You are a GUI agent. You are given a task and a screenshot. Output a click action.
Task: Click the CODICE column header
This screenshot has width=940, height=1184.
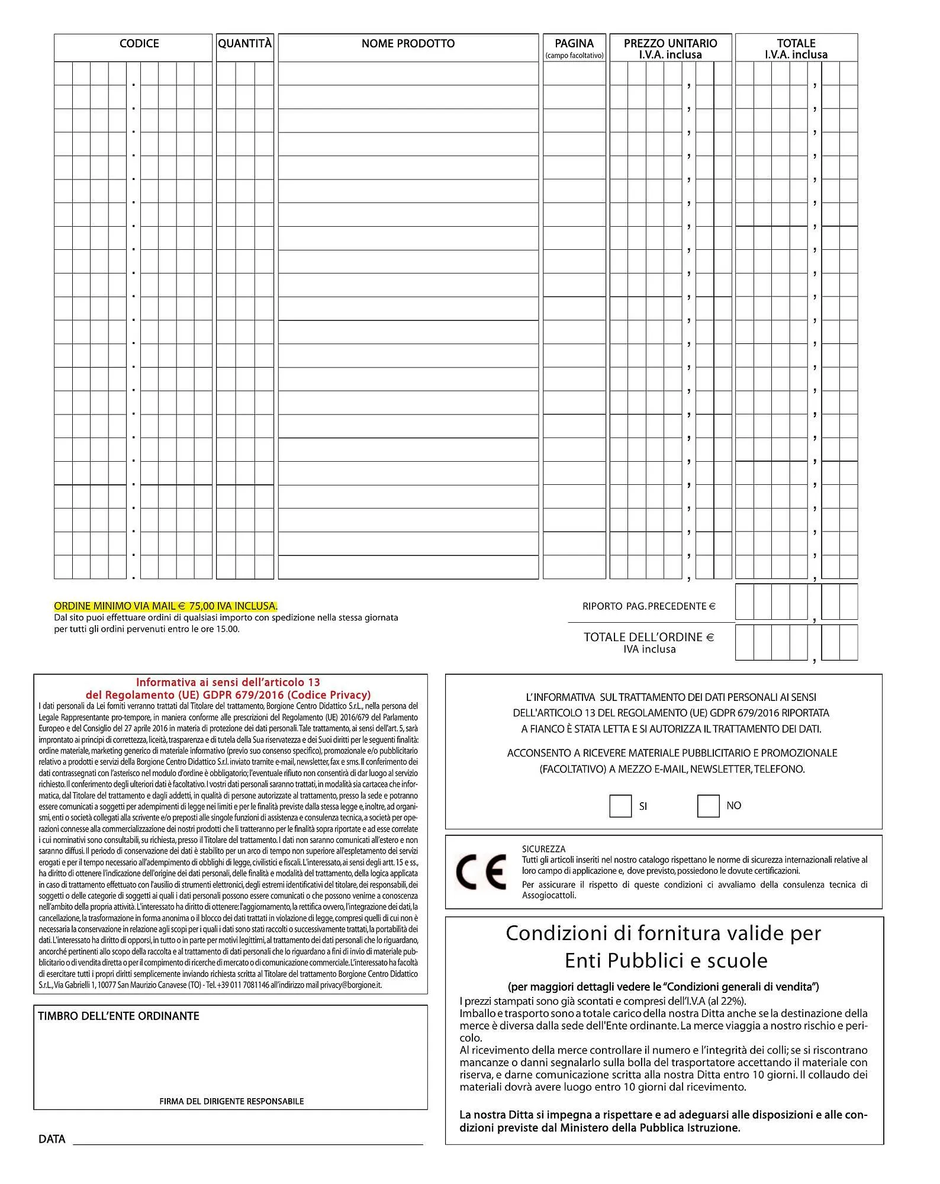pos(139,44)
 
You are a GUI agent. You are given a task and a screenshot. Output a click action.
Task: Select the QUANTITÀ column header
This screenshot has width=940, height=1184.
pos(244,44)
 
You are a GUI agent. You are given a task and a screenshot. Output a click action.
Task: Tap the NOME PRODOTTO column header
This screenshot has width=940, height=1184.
pos(408,44)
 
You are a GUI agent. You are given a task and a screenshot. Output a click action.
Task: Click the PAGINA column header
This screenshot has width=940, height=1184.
pos(574,44)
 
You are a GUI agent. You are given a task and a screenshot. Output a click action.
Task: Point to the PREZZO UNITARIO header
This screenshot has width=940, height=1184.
pos(670,44)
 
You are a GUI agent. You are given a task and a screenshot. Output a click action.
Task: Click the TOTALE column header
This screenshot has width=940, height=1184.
pos(796,44)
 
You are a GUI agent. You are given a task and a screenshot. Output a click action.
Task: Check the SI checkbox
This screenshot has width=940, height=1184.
pos(620,806)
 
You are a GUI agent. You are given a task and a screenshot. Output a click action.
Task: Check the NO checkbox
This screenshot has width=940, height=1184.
pos(708,806)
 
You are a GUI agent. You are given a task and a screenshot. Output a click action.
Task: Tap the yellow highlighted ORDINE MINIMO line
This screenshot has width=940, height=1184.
pos(166,606)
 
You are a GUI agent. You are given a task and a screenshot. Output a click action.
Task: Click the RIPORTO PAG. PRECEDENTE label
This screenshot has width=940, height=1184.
pos(649,606)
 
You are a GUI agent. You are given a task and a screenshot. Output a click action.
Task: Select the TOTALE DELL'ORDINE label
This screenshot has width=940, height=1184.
pos(649,638)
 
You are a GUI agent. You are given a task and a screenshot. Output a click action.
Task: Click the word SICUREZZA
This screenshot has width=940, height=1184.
pos(543,849)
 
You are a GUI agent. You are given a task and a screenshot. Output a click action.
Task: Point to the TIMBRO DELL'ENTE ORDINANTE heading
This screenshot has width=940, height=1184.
pos(118,1016)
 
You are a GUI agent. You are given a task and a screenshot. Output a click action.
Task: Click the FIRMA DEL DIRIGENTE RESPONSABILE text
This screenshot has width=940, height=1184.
pos(231,1102)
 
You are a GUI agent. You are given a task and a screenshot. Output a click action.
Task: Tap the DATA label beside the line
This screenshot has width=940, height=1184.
pos(51,1140)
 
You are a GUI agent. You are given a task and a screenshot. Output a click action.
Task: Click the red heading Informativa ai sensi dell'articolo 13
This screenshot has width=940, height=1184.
pos(228,682)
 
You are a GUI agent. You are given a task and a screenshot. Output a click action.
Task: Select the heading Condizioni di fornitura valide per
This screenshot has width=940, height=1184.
pos(663,934)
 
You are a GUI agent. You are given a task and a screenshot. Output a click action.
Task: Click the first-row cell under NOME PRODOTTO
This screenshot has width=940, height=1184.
pos(408,73)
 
